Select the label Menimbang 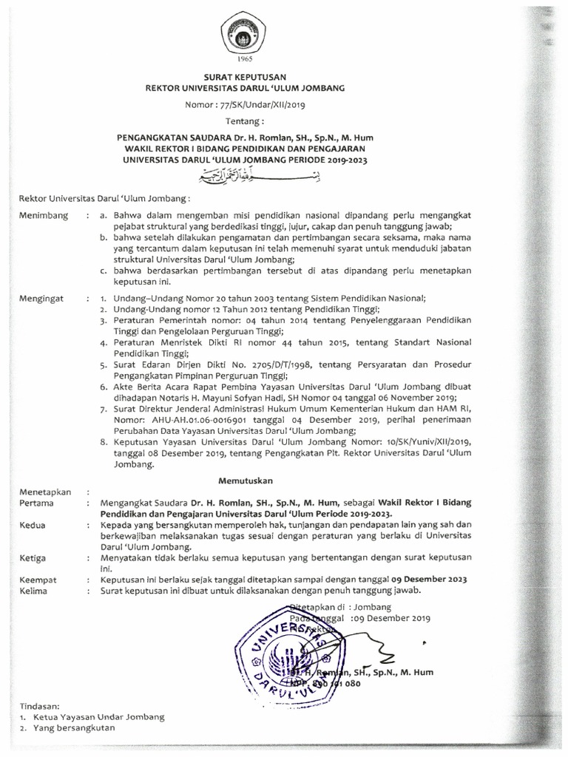coord(44,215)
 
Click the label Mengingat coord(42,297)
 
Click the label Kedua coord(32,523)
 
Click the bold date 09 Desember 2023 coord(419,580)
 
